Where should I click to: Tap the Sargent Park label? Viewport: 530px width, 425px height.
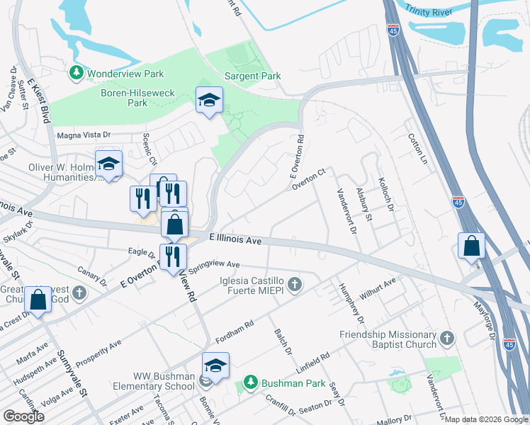252,76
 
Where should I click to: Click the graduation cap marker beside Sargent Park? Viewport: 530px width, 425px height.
209,101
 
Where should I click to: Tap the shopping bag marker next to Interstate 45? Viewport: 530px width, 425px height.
471,247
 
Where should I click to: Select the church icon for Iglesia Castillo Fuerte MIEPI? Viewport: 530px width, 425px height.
295,285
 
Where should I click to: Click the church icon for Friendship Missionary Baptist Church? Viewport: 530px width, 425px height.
446,339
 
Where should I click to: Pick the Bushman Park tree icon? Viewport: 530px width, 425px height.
249,383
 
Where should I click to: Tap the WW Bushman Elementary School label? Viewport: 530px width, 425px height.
154,381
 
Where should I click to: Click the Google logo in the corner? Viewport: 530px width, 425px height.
23,416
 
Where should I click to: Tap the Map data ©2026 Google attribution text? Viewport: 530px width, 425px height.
486,419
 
